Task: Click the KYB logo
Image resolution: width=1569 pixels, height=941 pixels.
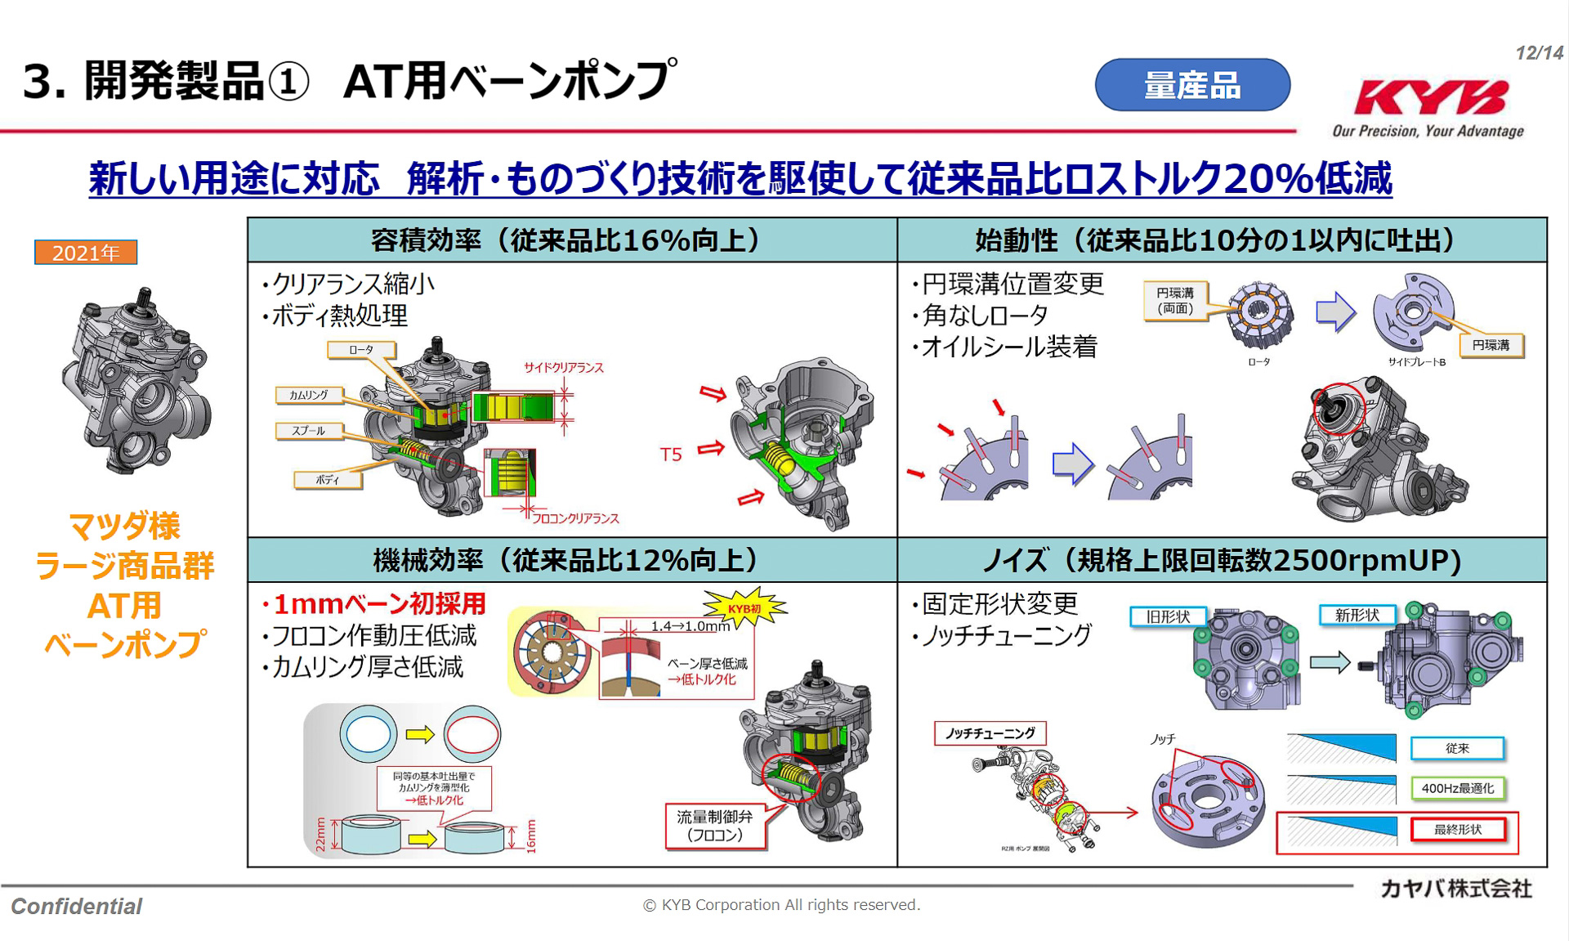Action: (x=1430, y=98)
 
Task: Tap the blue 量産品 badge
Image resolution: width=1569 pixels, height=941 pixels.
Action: (x=1191, y=85)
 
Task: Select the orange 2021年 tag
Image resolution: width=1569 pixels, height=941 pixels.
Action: (x=86, y=253)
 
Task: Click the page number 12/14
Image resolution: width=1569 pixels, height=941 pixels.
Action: (x=1538, y=53)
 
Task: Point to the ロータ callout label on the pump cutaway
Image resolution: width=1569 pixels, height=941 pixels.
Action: (x=361, y=350)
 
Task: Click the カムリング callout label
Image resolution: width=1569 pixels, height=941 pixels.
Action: (x=309, y=395)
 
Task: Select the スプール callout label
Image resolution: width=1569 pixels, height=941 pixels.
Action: (x=309, y=431)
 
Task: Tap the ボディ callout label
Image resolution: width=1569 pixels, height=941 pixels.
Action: (x=328, y=480)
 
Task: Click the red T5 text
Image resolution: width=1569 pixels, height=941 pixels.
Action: (x=671, y=455)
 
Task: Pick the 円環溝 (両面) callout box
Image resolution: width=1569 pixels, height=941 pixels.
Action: (x=1175, y=301)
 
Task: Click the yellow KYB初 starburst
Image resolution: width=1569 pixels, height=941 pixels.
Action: (x=744, y=608)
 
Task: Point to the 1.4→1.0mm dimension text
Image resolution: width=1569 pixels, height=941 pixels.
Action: (x=690, y=626)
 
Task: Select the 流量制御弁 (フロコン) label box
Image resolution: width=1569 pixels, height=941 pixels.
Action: (x=715, y=826)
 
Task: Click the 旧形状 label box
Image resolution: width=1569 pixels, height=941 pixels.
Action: (x=1168, y=616)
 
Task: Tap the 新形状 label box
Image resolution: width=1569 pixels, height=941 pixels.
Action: (x=1357, y=615)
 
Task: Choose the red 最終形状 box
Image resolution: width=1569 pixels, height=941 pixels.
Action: (x=1458, y=830)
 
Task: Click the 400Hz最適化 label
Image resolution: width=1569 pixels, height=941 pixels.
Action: (x=1458, y=788)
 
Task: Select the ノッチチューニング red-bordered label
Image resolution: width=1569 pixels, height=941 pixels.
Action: (x=990, y=733)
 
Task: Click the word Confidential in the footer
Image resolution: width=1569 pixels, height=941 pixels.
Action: (x=77, y=906)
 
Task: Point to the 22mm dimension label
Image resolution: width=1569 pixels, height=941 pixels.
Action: (x=320, y=835)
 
